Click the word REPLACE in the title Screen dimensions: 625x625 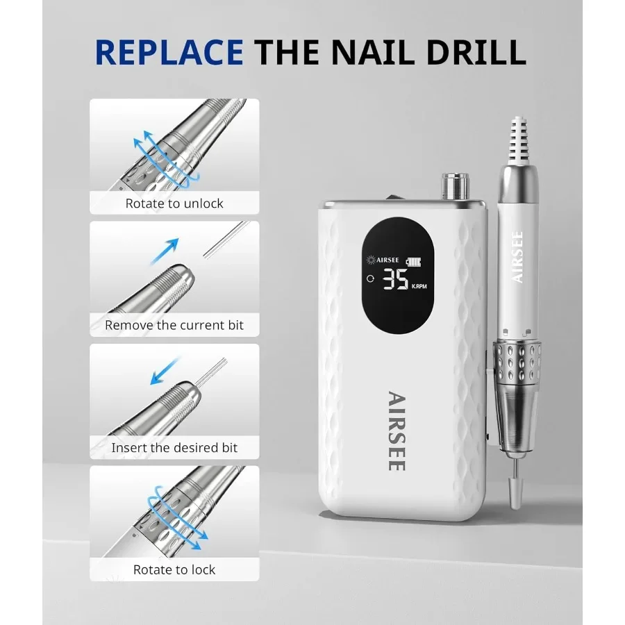pos(169,51)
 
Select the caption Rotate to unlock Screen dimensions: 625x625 pos(174,203)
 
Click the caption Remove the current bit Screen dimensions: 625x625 pos(174,325)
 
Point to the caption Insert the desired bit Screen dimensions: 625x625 pos(174,448)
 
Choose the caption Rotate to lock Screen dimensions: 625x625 pos(174,569)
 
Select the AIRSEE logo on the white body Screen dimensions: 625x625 pos(396,431)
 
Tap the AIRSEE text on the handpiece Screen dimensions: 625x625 pos(517,257)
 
